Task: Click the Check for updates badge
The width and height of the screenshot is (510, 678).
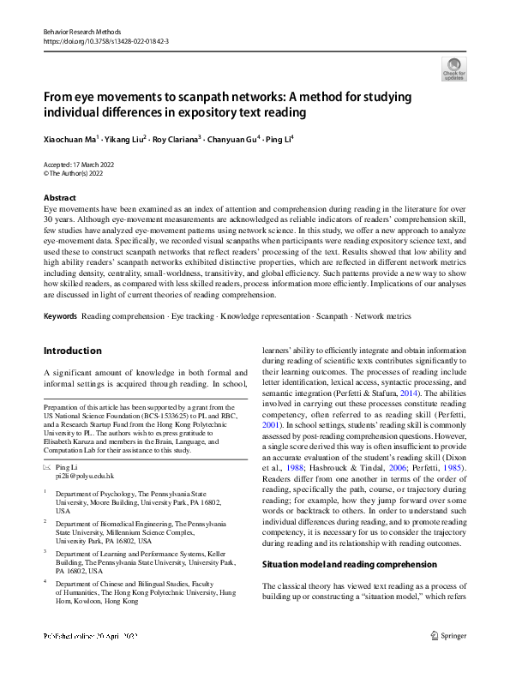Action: coord(453,69)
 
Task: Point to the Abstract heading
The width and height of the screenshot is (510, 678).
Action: coord(60,197)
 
